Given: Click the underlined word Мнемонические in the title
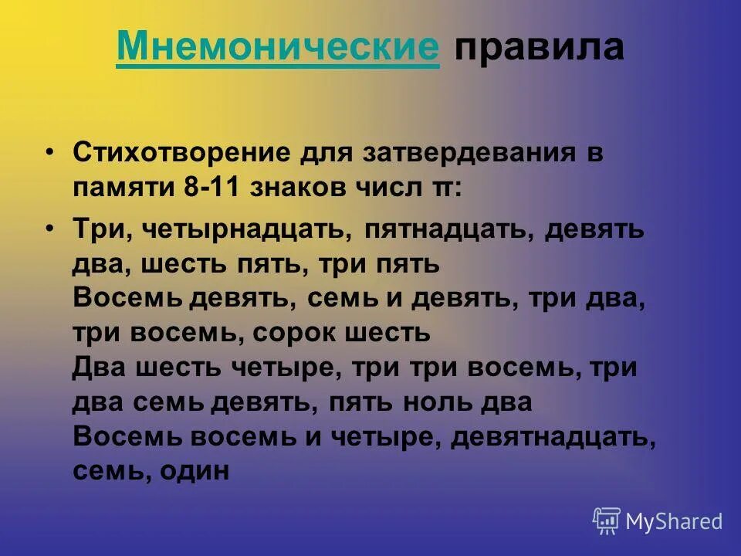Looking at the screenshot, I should pyautogui.click(x=278, y=48).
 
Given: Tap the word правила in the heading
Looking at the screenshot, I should pyautogui.click(x=538, y=48).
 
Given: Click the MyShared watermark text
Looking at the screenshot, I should pyautogui.click(x=674, y=521).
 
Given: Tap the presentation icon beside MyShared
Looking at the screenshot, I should pyautogui.click(x=607, y=521).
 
